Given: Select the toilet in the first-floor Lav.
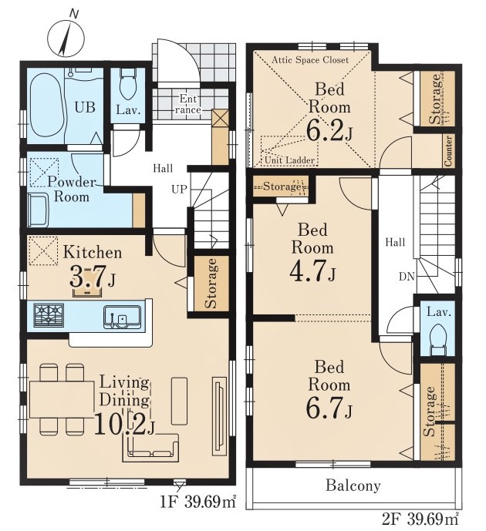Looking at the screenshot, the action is click(x=128, y=84).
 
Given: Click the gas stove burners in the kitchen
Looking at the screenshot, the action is click(x=49, y=315).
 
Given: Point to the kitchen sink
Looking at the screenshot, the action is click(x=123, y=317).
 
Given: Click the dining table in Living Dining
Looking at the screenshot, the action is click(x=62, y=399).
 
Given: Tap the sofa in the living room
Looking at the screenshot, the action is click(x=150, y=448).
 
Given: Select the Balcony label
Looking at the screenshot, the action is click(x=353, y=486).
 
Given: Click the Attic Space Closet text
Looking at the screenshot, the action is click(x=310, y=60).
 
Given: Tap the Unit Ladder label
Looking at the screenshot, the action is click(x=289, y=160).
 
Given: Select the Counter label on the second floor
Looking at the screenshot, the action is click(x=447, y=151).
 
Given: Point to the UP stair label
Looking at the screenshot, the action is click(x=179, y=189).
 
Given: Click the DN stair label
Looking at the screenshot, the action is click(x=407, y=277).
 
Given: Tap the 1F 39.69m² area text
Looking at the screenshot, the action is click(x=198, y=501).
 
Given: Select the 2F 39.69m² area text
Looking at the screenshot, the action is click(x=420, y=519).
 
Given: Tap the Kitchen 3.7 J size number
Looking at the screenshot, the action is click(x=92, y=275).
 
